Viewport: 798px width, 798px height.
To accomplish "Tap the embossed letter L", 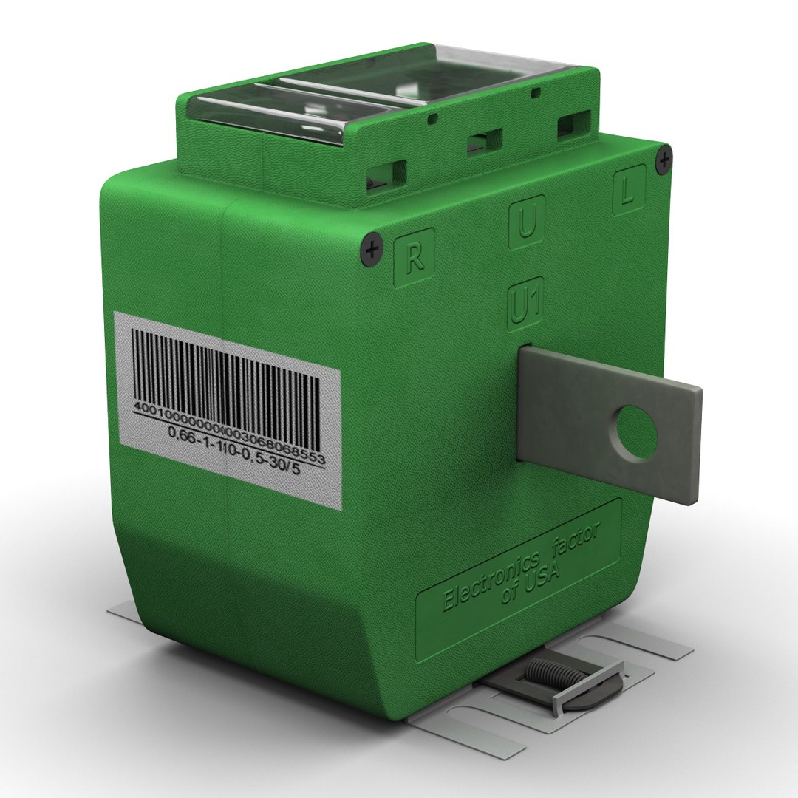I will click(x=627, y=193).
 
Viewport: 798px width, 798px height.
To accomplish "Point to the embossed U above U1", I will click(x=526, y=222).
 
